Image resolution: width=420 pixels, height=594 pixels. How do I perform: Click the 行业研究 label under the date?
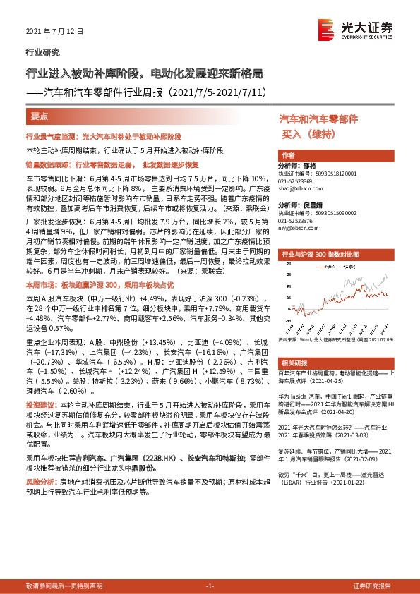42,51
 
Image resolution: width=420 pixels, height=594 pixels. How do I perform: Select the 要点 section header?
40,116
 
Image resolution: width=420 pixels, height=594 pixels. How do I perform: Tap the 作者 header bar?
287,156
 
